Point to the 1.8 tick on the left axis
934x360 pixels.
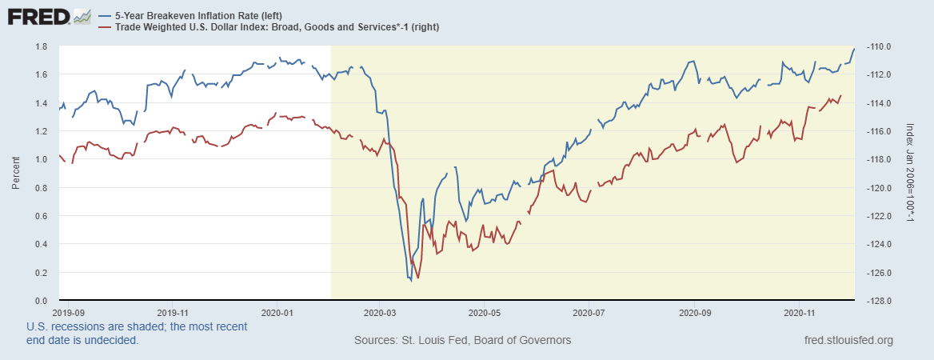40,46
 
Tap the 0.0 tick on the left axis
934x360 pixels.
40,301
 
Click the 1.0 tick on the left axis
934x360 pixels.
40,159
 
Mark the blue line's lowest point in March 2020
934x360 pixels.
411,280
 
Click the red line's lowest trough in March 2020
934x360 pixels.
418,278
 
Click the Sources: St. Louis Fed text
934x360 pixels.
462,341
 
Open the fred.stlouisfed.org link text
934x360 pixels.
849,341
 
